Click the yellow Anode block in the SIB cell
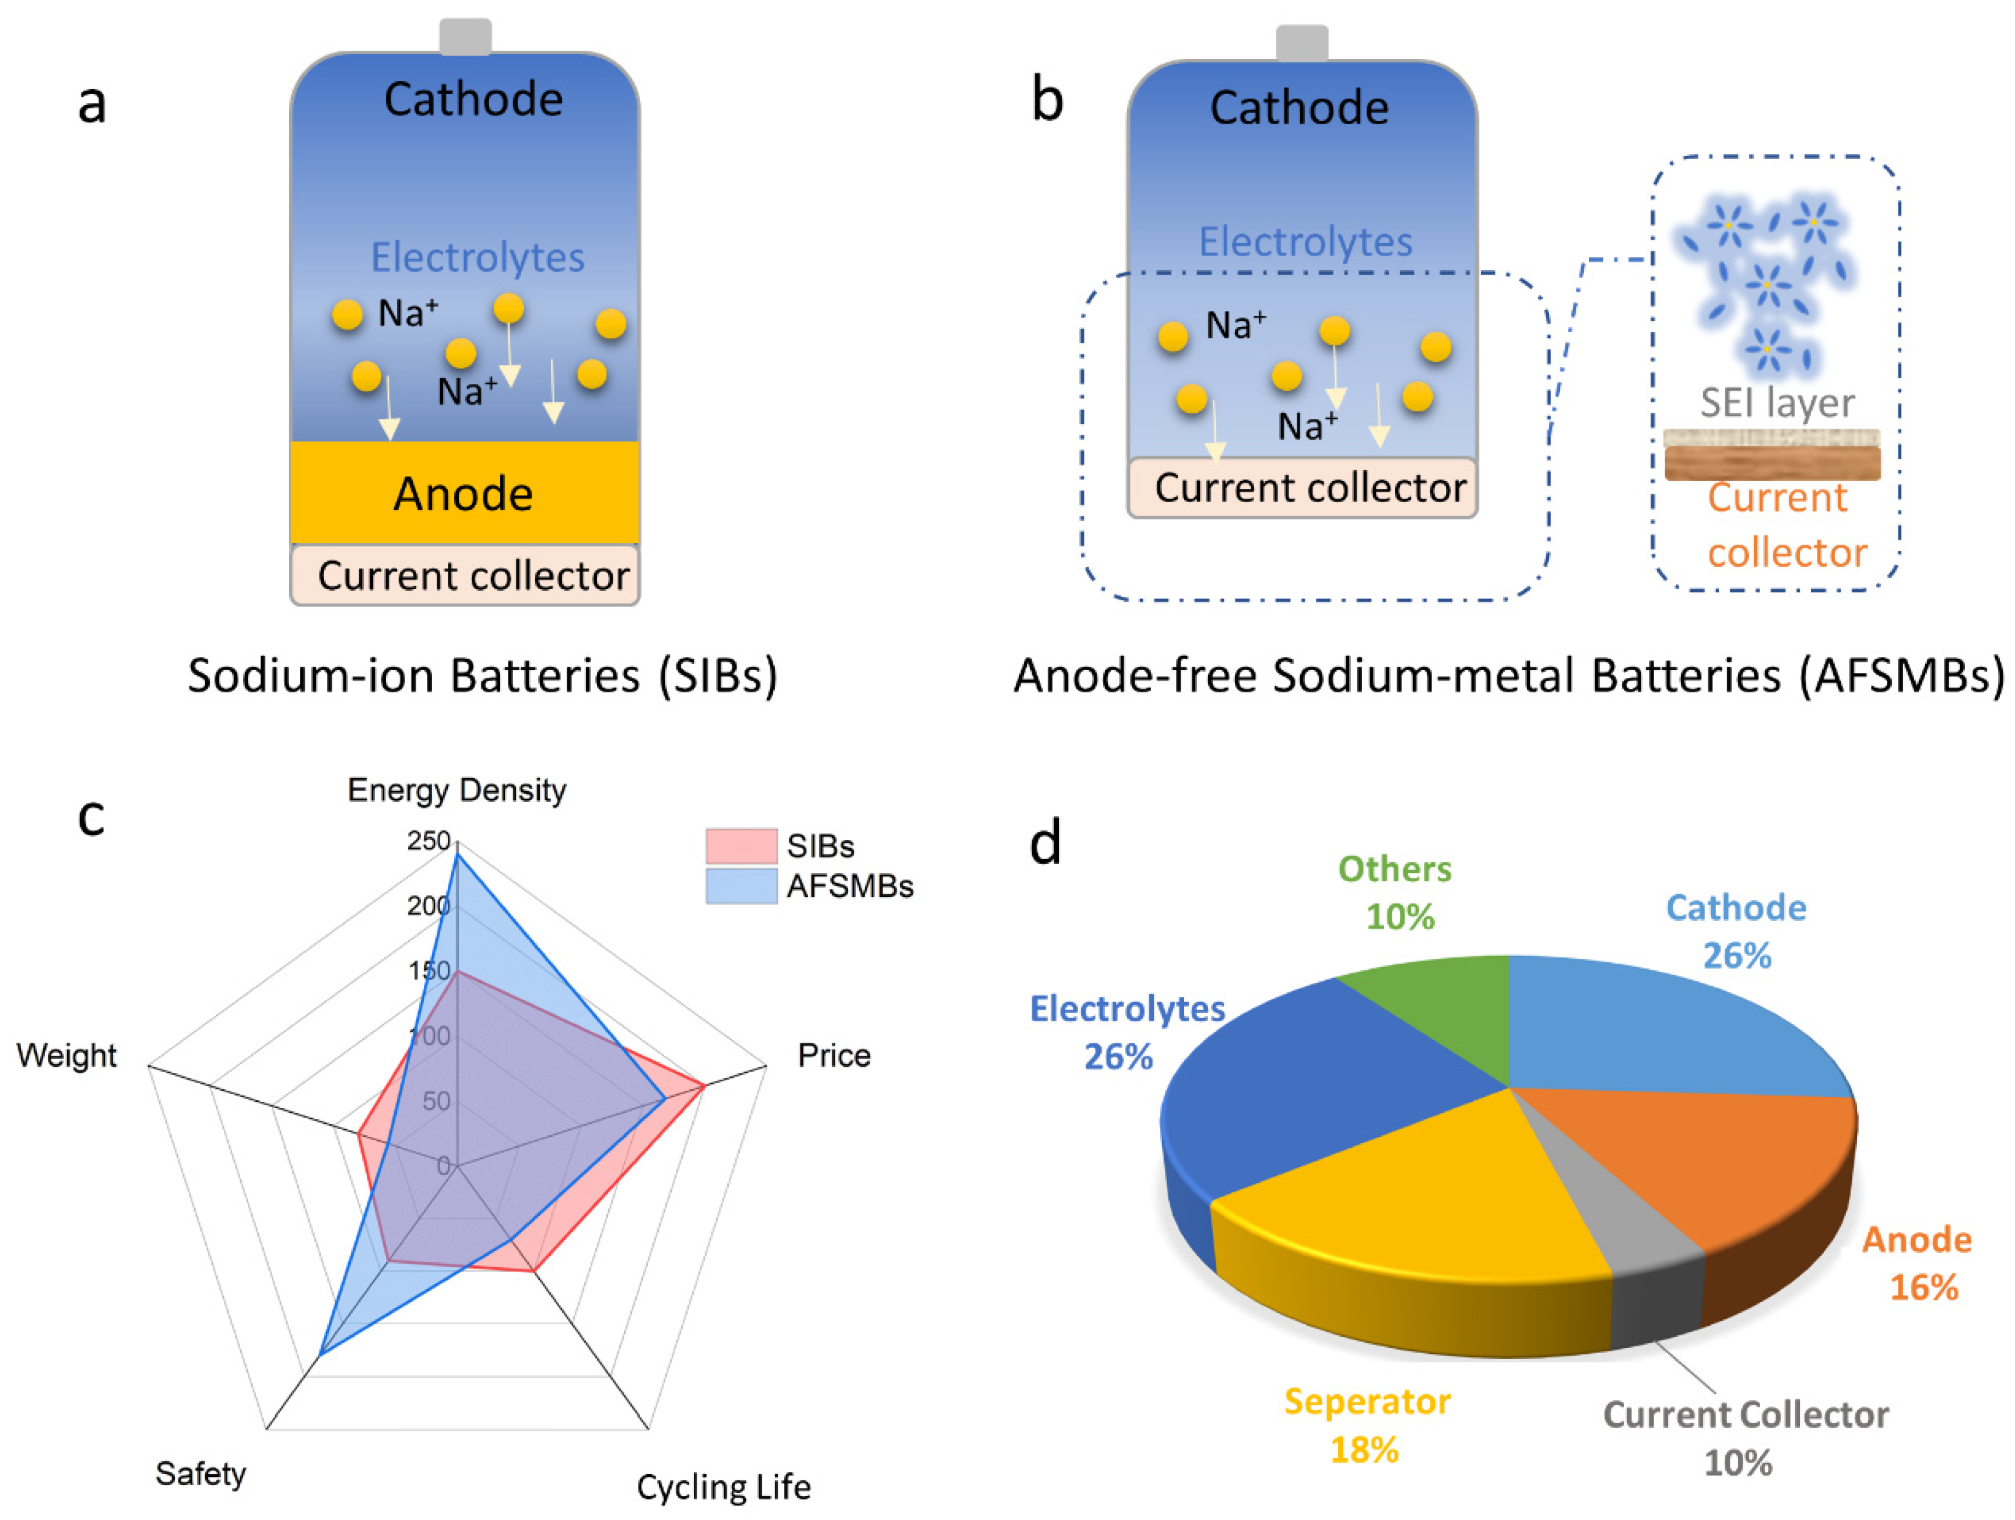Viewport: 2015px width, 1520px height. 465,493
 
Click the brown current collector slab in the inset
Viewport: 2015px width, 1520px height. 1772,463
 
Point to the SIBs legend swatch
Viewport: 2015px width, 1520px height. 740,846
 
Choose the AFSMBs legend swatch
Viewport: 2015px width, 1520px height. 740,886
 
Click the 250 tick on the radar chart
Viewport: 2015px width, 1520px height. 428,840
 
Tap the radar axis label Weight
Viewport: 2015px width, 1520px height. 66,1055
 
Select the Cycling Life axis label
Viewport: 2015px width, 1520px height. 724,1487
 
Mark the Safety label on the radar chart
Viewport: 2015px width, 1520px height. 201,1473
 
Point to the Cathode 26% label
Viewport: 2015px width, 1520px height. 1736,931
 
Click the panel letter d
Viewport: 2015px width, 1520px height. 1045,842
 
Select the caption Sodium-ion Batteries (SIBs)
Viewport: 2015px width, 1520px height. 483,676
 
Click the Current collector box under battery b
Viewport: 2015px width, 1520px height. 1303,488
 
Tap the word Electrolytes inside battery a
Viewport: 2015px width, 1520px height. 478,257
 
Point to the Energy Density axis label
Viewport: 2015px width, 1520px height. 457,790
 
